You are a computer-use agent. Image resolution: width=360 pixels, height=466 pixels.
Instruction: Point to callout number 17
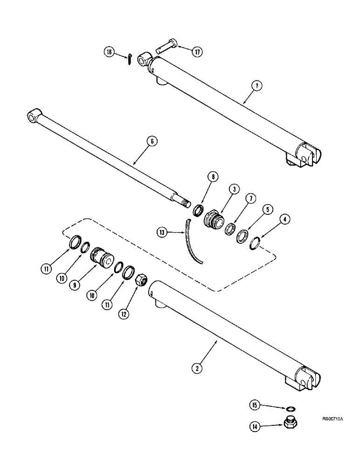(197, 52)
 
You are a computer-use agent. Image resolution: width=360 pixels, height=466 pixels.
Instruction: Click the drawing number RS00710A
(332, 419)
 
